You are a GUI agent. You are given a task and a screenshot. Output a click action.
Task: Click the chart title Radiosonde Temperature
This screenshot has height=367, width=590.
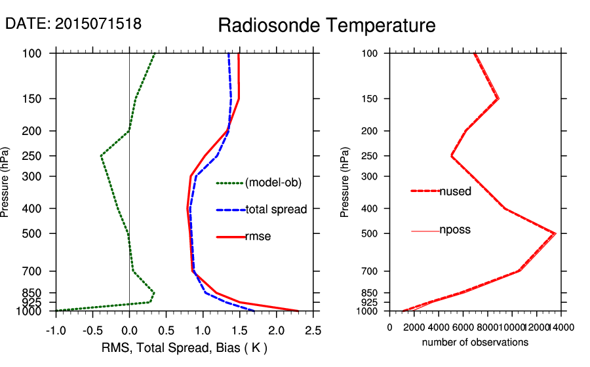tap(326, 26)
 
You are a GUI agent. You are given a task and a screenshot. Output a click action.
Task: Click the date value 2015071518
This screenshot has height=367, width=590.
tap(98, 24)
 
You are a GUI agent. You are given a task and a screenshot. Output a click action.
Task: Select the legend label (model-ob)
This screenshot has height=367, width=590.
tap(273, 183)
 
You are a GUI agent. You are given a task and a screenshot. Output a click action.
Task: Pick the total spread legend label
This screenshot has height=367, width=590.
tap(276, 210)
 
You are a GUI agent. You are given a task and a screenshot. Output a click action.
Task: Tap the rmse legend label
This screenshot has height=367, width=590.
tap(258, 237)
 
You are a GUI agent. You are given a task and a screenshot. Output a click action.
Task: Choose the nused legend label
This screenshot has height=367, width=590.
tap(455, 191)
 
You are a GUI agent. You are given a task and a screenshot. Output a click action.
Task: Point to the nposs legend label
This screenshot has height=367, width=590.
tap(455, 230)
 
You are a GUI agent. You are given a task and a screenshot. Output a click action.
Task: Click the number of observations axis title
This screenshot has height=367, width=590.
tap(475, 342)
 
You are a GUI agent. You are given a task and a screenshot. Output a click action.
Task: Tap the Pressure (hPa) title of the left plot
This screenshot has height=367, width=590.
tap(6, 182)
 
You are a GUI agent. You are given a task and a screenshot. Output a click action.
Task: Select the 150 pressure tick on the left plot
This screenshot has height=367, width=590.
tap(41, 99)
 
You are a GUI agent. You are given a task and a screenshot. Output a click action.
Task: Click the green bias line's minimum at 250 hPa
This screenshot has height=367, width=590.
tap(101, 156)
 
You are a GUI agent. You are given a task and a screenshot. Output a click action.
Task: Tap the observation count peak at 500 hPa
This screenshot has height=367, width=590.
tap(555, 233)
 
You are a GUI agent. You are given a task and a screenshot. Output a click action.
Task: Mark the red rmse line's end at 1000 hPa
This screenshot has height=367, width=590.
tap(298, 311)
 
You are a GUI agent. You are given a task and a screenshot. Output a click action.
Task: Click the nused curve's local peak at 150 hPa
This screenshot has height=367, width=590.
tap(498, 99)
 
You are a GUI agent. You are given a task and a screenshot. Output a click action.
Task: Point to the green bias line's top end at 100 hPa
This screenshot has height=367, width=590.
tap(155, 54)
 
